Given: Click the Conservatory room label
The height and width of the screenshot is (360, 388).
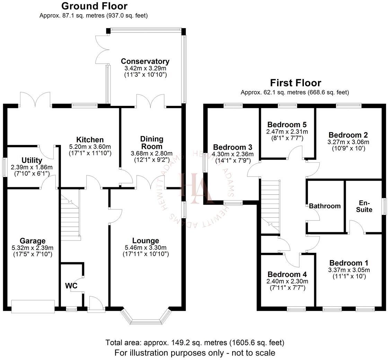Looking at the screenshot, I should pyautogui.click(x=145, y=61).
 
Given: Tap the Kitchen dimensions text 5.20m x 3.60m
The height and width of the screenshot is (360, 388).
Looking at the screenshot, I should pyautogui.click(x=90, y=146).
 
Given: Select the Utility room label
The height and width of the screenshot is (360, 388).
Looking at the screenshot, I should pyautogui.click(x=32, y=160).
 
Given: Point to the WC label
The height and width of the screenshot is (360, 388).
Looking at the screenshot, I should pyautogui.click(x=71, y=286).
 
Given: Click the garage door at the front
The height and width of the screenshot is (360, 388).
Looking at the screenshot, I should pyautogui.click(x=33, y=306).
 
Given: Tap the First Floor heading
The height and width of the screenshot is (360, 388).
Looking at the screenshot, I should pyautogui.click(x=296, y=83).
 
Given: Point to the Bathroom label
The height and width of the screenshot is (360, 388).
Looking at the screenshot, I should pyautogui.click(x=325, y=206).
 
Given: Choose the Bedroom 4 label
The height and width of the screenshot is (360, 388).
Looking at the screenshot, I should pyautogui.click(x=287, y=274).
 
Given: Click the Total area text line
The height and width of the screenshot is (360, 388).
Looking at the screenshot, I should pyautogui.click(x=195, y=343).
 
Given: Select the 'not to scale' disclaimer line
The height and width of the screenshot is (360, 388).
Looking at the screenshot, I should pyautogui.click(x=195, y=353).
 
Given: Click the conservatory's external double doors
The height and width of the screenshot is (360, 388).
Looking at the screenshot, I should pyautogui.click(x=103, y=49).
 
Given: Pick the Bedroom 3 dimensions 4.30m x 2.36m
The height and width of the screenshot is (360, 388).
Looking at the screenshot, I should pyautogui.click(x=232, y=154).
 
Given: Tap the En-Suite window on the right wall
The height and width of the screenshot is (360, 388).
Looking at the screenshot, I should pyautogui.click(x=384, y=206).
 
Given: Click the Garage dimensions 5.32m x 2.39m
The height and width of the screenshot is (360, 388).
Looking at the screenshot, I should pyautogui.click(x=33, y=248).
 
